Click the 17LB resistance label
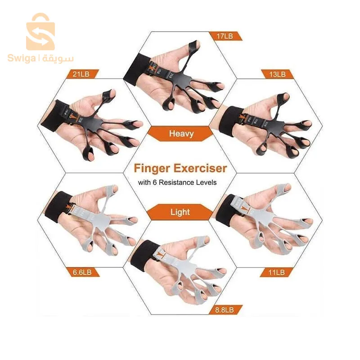click(x=225, y=36)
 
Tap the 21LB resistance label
click(x=81, y=74)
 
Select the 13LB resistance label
click(x=277, y=74)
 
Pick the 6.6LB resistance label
click(x=82, y=272)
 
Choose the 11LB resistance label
click(x=276, y=272)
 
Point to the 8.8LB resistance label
click(x=225, y=310)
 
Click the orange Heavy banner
click(x=181, y=134)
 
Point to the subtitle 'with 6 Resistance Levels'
click(x=177, y=183)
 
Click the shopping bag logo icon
click(x=40, y=31)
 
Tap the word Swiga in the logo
click(x=21, y=58)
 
